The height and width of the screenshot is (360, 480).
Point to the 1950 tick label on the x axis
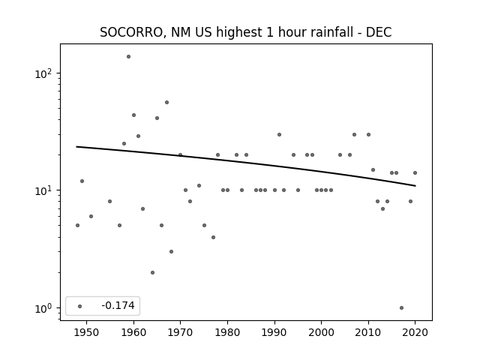click(87, 332)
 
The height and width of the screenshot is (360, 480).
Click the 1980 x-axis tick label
click(227, 332)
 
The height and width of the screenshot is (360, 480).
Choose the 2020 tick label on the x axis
click(415, 332)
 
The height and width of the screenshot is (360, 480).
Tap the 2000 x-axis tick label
click(321, 332)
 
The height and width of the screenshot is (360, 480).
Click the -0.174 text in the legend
click(118, 305)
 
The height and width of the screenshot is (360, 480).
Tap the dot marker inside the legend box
click(80, 306)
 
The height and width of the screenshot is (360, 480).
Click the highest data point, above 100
click(128, 57)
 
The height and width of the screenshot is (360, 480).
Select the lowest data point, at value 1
click(402, 308)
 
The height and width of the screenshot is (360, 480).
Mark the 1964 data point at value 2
click(152, 272)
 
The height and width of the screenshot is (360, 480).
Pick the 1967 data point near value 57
click(166, 102)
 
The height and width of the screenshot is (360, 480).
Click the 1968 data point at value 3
click(172, 252)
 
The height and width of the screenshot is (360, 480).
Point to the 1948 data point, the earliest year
click(77, 225)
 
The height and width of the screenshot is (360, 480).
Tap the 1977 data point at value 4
click(213, 237)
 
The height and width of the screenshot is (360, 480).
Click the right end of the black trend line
click(415, 186)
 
